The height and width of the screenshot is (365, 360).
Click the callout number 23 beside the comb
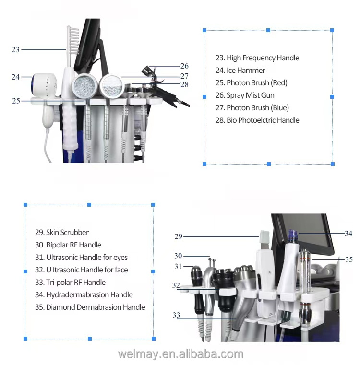(15, 49)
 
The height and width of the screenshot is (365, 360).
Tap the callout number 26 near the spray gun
(184, 66)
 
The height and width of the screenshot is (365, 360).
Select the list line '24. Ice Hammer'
(240, 71)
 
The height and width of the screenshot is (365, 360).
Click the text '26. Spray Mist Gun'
(245, 95)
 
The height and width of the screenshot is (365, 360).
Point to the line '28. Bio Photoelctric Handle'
(257, 120)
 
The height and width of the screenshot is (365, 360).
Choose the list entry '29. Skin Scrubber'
(62, 232)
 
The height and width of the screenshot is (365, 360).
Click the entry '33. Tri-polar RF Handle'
(70, 283)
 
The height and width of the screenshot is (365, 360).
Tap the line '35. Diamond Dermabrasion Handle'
(90, 307)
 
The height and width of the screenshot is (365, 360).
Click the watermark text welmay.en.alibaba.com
(180, 354)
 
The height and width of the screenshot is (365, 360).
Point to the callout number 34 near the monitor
(348, 233)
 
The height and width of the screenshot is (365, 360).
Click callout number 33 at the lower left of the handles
(176, 315)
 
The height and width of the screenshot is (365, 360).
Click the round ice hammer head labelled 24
(44, 85)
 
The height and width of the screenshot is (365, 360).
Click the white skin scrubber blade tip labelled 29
(264, 237)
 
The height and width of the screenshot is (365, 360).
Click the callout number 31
(178, 266)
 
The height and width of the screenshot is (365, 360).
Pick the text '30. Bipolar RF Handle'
(68, 245)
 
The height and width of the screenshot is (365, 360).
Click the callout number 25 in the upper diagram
(16, 101)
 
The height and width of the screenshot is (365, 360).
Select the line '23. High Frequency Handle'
(257, 58)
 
